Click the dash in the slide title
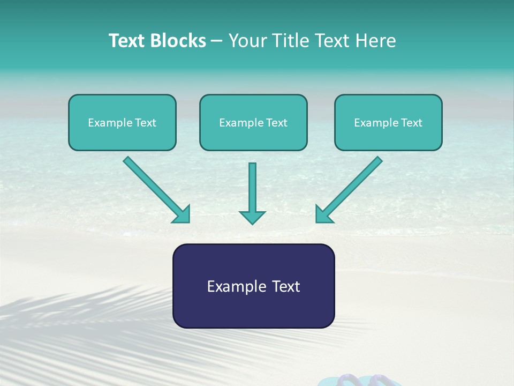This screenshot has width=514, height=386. (x=217, y=41)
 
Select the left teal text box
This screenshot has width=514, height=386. (x=122, y=122)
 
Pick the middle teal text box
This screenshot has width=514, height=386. (x=253, y=122)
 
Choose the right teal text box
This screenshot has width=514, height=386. (x=388, y=122)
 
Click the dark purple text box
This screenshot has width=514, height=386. (x=253, y=286)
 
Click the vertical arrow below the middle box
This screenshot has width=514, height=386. (x=252, y=190)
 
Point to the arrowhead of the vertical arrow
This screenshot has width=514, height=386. (x=252, y=217)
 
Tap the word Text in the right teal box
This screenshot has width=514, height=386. (x=411, y=123)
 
